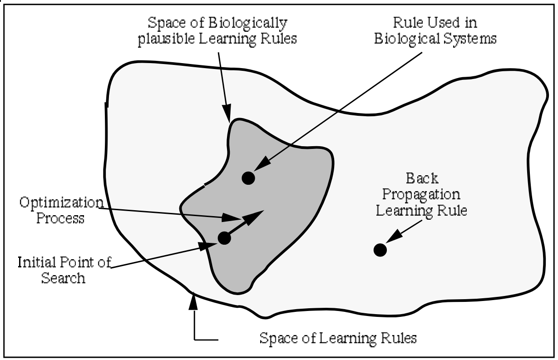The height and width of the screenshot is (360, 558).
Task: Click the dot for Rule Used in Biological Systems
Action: coord(248,178)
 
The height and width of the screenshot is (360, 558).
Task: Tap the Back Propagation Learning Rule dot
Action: coord(380,249)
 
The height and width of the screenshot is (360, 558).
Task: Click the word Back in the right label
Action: coord(422,178)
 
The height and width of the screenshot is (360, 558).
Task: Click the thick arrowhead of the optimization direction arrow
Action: coord(255,215)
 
